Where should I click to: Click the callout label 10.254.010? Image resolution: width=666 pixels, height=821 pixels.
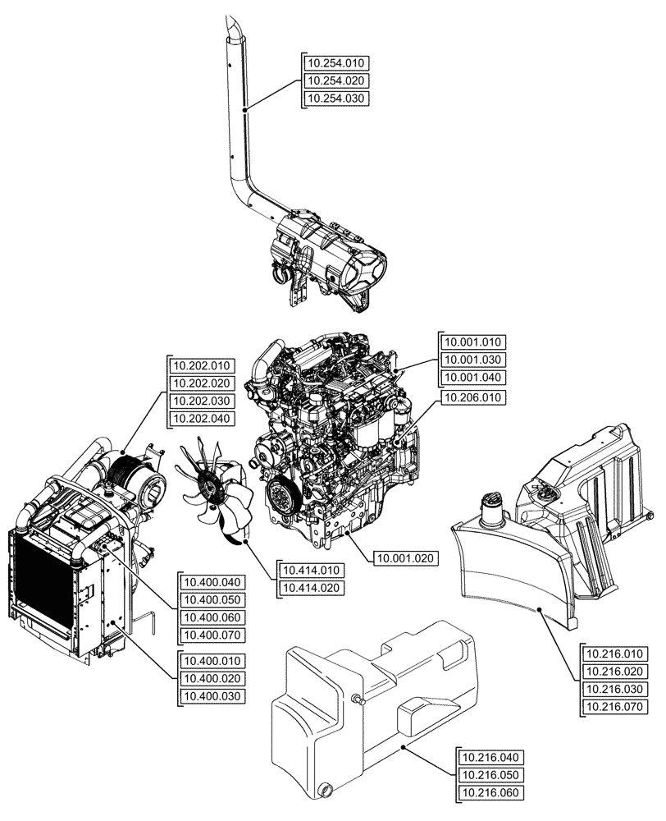click(x=336, y=62)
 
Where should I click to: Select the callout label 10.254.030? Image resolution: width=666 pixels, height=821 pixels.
click(x=336, y=99)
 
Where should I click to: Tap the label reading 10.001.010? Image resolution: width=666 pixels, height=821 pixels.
click(x=474, y=342)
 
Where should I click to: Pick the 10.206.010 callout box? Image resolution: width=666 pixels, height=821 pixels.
click(x=474, y=397)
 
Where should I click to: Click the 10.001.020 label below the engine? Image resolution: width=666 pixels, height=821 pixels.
click(x=407, y=558)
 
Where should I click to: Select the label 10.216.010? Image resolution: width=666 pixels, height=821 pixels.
click(x=614, y=654)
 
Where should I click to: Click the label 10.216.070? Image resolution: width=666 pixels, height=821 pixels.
click(x=614, y=706)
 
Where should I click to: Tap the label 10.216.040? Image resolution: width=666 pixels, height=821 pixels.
click(x=490, y=757)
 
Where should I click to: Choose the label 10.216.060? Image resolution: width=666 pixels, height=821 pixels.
click(x=490, y=792)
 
